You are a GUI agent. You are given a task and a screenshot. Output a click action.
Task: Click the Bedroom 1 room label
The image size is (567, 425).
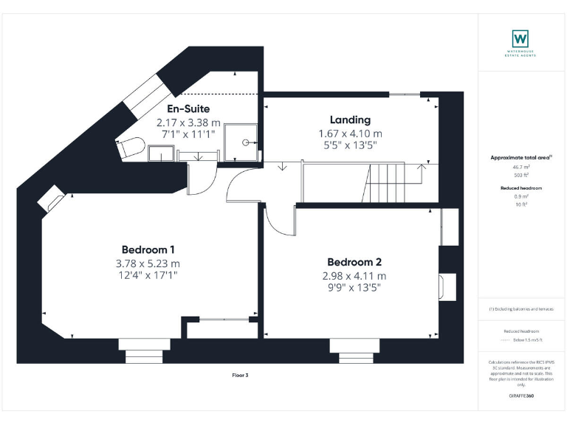pyautogui.click(x=148, y=249)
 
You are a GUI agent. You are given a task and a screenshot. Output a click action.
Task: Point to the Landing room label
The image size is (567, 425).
pyautogui.click(x=350, y=120)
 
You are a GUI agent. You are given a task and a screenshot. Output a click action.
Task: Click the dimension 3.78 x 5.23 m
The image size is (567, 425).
pyautogui.click(x=148, y=263)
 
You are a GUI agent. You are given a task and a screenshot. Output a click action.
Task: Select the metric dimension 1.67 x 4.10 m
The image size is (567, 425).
pyautogui.click(x=350, y=134)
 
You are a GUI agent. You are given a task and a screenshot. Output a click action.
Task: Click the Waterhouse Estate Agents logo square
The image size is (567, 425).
pyautogui.click(x=520, y=38)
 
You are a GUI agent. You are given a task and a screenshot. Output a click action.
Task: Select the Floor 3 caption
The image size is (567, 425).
pyautogui.click(x=241, y=376)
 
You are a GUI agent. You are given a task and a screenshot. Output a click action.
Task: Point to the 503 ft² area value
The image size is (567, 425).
pyautogui.click(x=521, y=176)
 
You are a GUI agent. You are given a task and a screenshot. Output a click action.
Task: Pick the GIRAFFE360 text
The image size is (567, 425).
pyautogui.click(x=521, y=396)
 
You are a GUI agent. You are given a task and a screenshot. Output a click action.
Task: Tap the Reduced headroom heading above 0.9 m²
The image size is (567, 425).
pyautogui.click(x=521, y=188)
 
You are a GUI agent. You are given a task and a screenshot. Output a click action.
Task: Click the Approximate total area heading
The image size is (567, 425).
pyautogui.click(x=521, y=158)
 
